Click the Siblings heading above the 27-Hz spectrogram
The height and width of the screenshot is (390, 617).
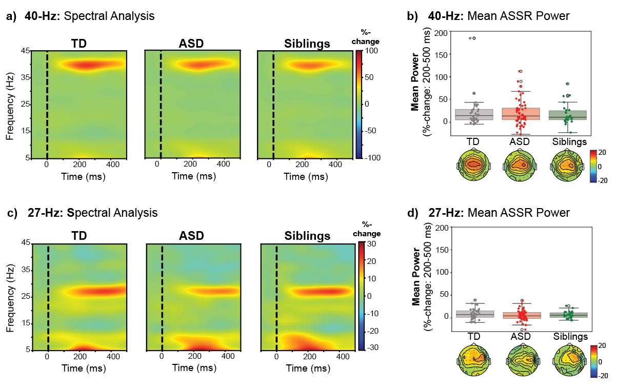click(307, 236)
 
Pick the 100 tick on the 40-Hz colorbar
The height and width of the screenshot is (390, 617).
click(372, 51)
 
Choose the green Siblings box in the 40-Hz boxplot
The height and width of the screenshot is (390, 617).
click(567, 115)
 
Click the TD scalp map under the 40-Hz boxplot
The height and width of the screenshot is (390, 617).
click(473, 164)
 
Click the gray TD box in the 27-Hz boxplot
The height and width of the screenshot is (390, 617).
click(474, 314)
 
